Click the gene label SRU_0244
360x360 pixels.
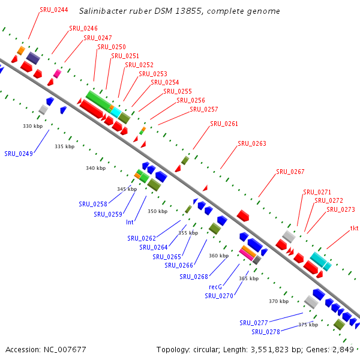pos(53,10)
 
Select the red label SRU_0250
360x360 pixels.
pos(111,47)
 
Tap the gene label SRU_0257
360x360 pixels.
pos(204,109)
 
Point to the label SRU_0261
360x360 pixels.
pos(224,124)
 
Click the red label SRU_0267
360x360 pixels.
pos(290,172)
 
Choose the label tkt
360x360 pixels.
pos(354,228)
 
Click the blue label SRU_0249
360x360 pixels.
pos(19,154)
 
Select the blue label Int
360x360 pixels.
pos(130,222)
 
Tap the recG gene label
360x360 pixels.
pos(215,287)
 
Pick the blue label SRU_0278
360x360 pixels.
pos(266,332)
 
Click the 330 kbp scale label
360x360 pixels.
pos(32,126)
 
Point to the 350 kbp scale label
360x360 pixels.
pos(157,211)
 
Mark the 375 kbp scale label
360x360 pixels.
pos(308,325)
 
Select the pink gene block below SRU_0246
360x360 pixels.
pos(57,74)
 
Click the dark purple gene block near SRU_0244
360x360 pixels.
pos(32,58)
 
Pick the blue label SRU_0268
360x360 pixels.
pos(194,277)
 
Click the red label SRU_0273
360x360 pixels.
pos(341,210)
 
